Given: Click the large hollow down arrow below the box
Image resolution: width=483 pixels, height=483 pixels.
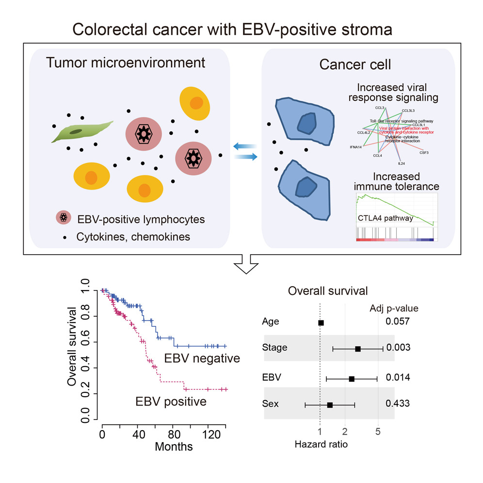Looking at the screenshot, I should (x=247, y=264).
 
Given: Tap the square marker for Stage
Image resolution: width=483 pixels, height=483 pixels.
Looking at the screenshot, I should (x=358, y=349).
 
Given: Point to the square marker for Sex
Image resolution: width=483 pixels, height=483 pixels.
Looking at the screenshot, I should (x=330, y=404).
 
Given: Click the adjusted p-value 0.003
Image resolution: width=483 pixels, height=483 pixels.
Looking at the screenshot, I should (x=398, y=348).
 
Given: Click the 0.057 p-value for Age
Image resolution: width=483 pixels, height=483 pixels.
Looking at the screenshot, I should (x=398, y=322).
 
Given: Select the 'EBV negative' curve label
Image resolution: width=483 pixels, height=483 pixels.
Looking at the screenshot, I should (x=202, y=359).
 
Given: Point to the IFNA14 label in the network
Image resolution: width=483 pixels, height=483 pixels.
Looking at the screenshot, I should (x=356, y=146).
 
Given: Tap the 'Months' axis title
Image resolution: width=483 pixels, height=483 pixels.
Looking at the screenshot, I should (x=174, y=446).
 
